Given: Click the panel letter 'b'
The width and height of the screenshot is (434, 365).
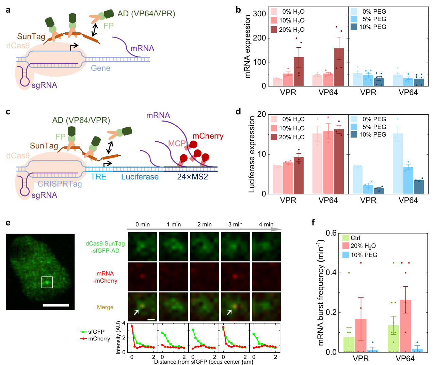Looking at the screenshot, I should click(238, 10).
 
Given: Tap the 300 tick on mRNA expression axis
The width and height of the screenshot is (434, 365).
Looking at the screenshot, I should click(259, 14).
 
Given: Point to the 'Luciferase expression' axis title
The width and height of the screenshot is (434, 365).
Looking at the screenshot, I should click(252, 154).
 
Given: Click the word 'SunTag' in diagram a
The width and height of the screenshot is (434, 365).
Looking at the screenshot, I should click(31, 36).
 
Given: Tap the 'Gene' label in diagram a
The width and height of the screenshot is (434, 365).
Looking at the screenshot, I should click(100, 68).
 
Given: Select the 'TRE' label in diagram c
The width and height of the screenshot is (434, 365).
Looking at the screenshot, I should click(98, 177).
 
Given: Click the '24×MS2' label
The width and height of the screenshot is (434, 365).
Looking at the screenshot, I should click(192, 177).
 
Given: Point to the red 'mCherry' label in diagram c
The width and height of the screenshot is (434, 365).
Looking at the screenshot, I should click(208, 136).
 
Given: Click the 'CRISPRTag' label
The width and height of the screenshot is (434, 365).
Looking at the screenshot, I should click(60, 184).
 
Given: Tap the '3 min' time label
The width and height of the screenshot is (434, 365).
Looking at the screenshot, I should click(235, 225).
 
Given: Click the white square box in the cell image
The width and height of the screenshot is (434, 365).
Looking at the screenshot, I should click(47, 282).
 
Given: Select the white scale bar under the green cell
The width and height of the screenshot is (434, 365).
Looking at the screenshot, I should click(56, 305).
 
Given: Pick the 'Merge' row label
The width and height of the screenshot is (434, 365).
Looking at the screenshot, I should click(105, 307).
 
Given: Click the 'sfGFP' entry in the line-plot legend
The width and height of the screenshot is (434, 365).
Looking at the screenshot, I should click(96, 332).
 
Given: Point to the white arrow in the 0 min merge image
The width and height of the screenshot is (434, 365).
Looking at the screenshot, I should click(136, 312).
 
